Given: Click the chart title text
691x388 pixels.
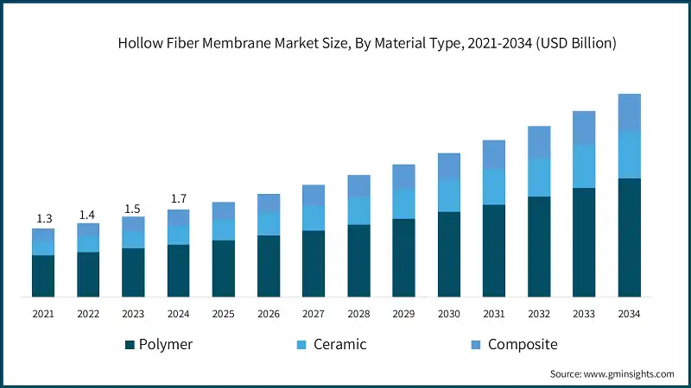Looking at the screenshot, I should [367, 43].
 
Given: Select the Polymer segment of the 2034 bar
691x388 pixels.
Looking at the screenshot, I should [630, 237].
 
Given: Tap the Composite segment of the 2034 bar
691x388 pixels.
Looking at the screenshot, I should [630, 113].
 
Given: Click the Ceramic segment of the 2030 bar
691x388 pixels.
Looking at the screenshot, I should [449, 196].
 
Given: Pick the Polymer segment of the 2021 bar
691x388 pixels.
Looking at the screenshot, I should [43, 276].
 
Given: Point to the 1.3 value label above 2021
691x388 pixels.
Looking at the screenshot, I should [43, 219].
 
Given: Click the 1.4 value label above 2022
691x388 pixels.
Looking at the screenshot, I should [88, 214].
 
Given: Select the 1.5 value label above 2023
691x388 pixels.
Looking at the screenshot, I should [133, 208].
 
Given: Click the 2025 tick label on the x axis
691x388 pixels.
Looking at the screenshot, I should [223, 314].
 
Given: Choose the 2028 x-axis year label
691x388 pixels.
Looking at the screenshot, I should [358, 314].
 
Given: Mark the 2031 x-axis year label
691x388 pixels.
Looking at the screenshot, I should [494, 314].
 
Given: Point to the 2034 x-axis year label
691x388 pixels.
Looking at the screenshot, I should [630, 314].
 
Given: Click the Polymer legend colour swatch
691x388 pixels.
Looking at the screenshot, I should [130, 345].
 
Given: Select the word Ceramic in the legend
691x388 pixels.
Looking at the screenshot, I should [339, 345].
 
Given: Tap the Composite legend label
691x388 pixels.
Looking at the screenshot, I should [523, 345].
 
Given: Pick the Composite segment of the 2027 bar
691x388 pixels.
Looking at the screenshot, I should [314, 195].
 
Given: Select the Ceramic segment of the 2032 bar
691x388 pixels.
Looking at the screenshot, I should [539, 177].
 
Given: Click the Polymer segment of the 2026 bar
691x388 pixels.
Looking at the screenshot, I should [269, 266].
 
